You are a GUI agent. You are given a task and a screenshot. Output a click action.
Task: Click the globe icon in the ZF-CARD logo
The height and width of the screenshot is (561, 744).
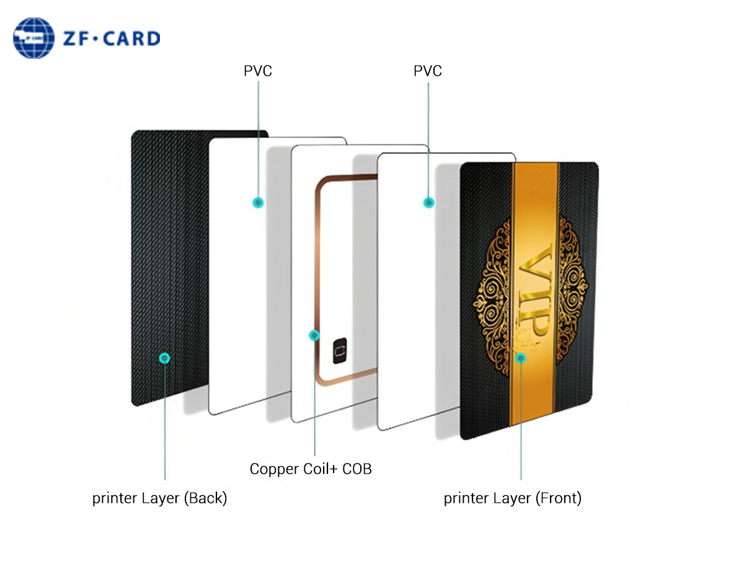[35, 38]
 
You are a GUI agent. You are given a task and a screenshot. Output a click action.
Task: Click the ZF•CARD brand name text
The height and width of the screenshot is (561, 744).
[112, 39]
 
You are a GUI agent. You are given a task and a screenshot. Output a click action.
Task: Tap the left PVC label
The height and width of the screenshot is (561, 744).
[257, 71]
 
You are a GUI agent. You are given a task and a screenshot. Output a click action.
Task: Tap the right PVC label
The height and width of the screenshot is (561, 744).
[428, 71]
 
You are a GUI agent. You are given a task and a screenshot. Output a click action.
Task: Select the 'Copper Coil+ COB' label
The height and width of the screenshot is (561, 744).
[311, 469]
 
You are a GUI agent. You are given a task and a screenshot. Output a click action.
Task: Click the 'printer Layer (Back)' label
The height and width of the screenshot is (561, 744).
[159, 498]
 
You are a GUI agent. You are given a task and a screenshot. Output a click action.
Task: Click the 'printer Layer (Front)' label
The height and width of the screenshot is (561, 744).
[512, 498]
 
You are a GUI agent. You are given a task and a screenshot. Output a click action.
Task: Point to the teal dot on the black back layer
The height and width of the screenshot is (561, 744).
[164, 358]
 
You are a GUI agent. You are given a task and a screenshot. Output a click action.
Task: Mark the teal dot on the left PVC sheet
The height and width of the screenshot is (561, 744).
[257, 202]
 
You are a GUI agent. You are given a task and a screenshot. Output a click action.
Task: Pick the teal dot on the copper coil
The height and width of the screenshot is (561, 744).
[314, 335]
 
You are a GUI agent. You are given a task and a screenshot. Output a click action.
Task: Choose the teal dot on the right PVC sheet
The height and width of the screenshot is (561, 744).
[428, 202]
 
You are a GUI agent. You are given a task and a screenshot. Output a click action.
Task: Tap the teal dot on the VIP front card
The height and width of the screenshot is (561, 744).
[521, 357]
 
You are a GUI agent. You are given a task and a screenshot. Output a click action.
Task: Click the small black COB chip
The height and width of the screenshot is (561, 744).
[339, 351]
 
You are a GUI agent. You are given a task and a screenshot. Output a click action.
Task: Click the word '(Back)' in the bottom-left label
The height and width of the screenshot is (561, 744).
[205, 498]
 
